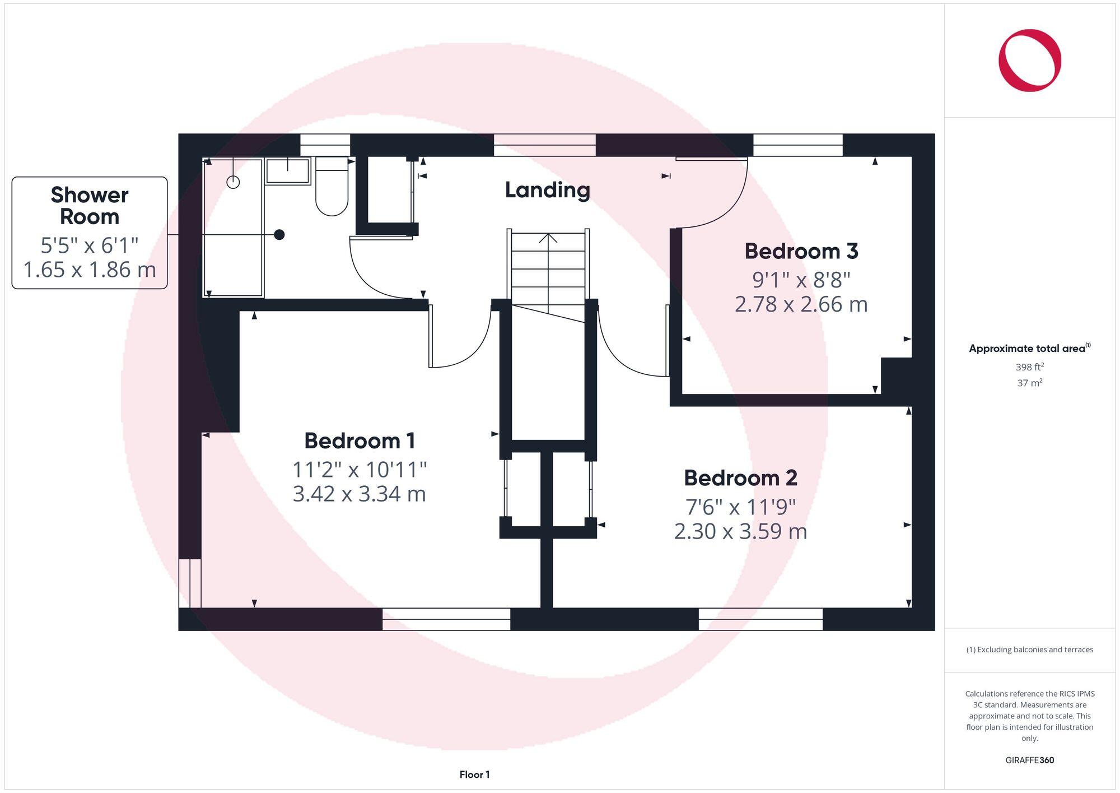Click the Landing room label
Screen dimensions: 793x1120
[x=547, y=190]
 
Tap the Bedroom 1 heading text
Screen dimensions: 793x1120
[x=360, y=441]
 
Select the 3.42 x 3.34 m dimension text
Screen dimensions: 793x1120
[x=359, y=494]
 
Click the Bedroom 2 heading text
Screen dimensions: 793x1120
[x=740, y=478]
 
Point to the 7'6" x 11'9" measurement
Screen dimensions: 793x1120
[x=740, y=507]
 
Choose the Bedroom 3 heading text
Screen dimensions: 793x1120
[x=801, y=251]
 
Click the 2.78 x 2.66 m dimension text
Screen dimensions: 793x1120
[x=801, y=304]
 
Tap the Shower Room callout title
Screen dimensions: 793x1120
[x=90, y=206]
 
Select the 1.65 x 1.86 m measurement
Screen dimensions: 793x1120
[x=90, y=270]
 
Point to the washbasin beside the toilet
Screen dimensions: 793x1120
[x=288, y=171]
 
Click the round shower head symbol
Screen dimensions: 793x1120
[x=233, y=182]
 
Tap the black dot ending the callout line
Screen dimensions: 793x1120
[x=279, y=235]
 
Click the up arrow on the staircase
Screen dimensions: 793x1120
[x=548, y=238]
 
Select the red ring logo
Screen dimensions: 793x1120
[x=1029, y=61]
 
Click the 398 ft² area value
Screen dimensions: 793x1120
[x=1029, y=367]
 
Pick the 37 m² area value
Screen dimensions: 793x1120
[x=1029, y=383]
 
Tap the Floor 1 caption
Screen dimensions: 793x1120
[x=474, y=775]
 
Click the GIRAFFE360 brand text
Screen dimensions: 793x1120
[x=1029, y=760]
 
